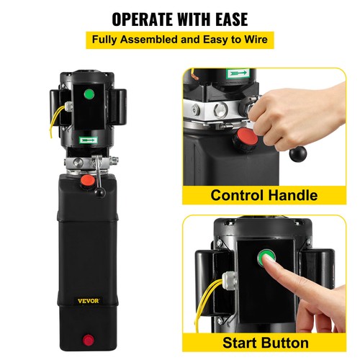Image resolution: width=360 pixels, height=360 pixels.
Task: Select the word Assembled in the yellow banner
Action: [x=161, y=39]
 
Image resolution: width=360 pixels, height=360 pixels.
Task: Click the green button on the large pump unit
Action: [x=89, y=94]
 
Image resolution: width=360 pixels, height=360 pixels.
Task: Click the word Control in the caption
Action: [x=239, y=195]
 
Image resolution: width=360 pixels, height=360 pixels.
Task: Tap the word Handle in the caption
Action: [x=296, y=195]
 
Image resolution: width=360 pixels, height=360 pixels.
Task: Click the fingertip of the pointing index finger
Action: [x=271, y=264]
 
